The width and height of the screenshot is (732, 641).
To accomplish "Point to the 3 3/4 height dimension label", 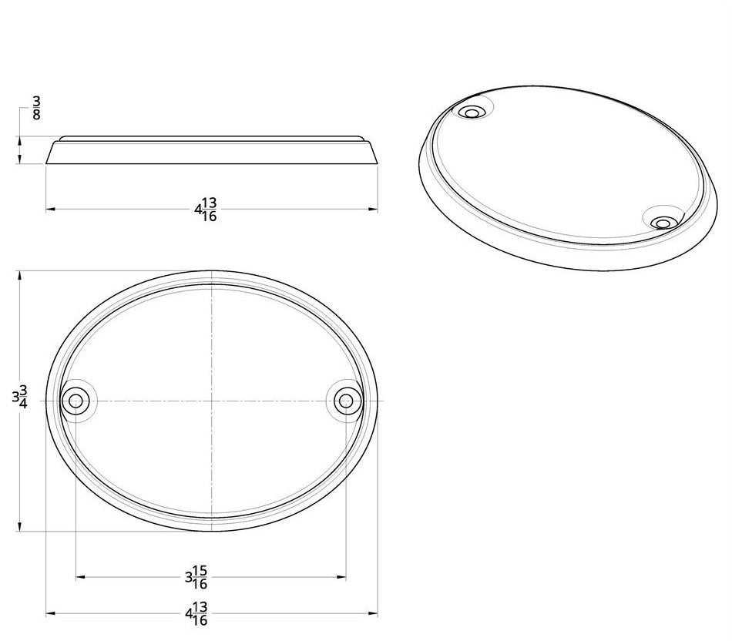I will [20, 398].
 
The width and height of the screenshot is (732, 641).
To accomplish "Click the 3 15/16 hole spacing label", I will [197, 576].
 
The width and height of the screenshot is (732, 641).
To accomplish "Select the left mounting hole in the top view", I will [76, 401].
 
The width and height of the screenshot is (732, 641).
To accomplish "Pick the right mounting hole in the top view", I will [347, 401].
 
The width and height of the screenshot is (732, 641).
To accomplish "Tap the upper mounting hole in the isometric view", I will [471, 113].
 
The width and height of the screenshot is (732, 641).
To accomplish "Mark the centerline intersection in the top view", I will [211, 401].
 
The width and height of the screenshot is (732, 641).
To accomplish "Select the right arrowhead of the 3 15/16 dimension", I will [341, 576].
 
